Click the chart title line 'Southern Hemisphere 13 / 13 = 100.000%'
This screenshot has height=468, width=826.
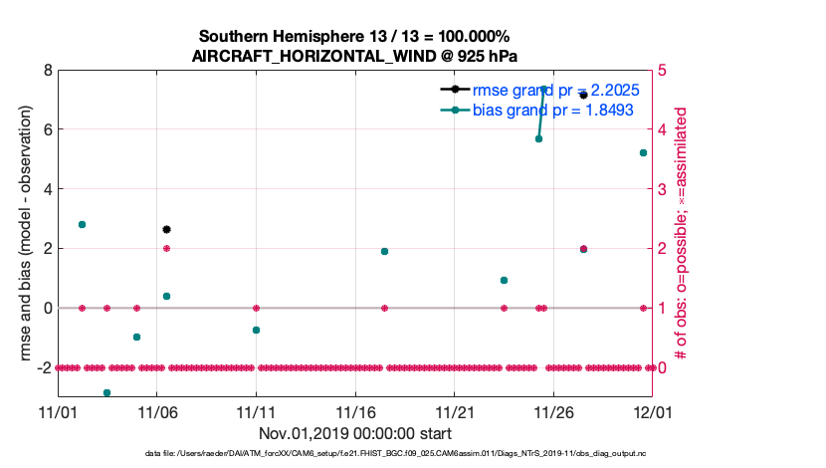pyautogui.click(x=354, y=37)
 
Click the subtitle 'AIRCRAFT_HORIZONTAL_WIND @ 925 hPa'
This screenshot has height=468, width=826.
pyautogui.click(x=354, y=56)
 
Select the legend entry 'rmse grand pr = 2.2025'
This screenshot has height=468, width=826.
pyautogui.click(x=555, y=90)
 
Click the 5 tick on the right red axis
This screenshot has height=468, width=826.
pyautogui.click(x=664, y=71)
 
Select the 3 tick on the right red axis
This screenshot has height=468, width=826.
pyautogui.click(x=664, y=189)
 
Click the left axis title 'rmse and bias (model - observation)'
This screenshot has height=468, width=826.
pyautogui.click(x=19, y=234)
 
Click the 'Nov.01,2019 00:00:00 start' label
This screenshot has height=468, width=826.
pyautogui.click(x=354, y=433)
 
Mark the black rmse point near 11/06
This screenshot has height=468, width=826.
pyautogui.click(x=166, y=229)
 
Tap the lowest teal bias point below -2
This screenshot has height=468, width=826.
pyautogui.click(x=106, y=392)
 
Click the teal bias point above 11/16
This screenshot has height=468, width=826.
pyautogui.click(x=384, y=251)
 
